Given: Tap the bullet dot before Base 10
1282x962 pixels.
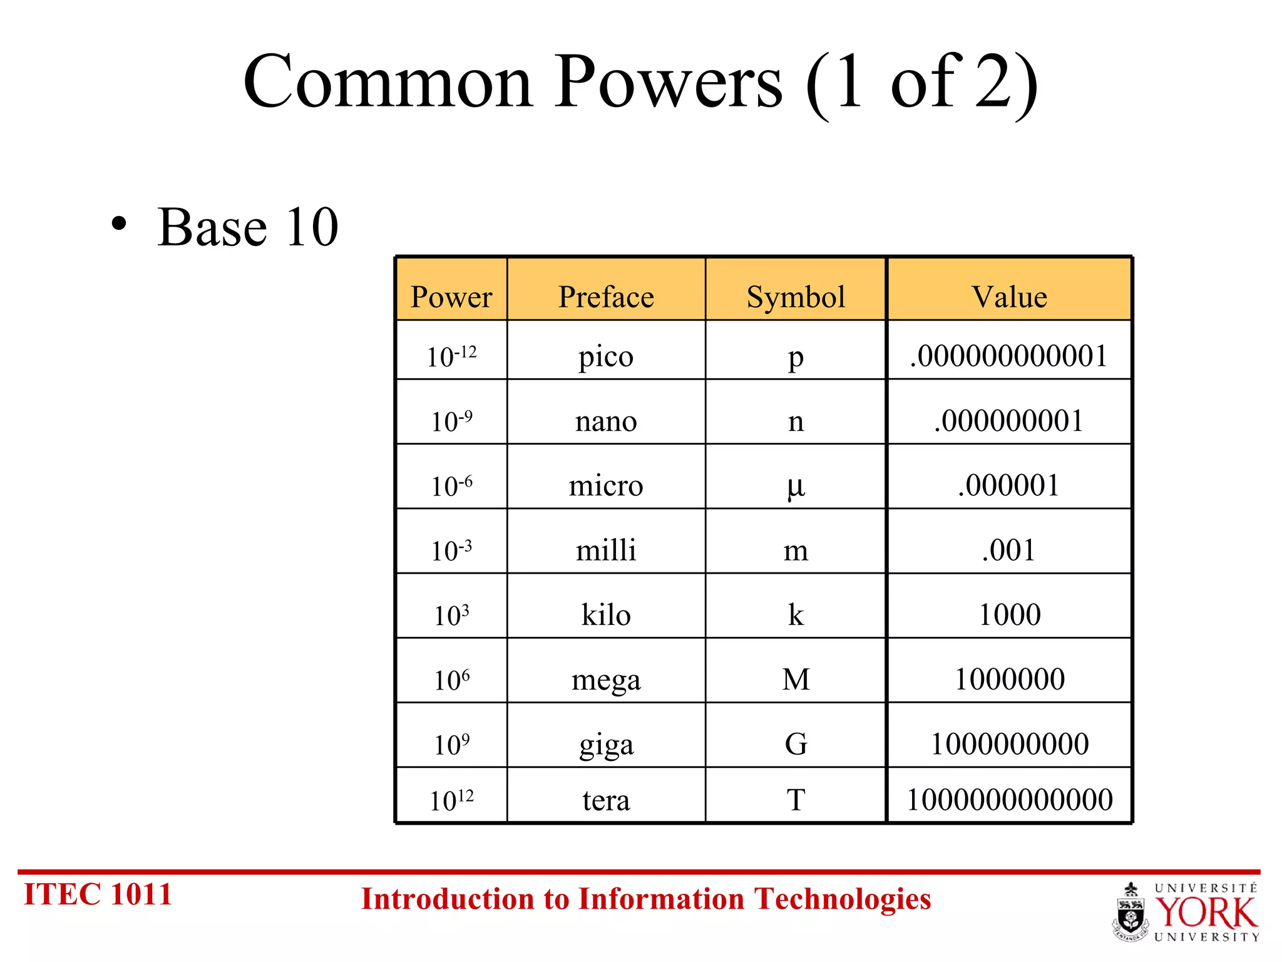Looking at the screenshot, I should coord(119,225).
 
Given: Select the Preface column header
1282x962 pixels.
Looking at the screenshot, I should coord(606,296).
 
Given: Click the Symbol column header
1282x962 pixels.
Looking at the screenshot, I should coord(796,296).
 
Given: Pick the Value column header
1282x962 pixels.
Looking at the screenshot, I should coord(1009,296).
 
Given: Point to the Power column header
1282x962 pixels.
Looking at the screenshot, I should coord(451,296).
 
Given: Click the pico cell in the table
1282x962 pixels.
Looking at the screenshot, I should coord(606,356).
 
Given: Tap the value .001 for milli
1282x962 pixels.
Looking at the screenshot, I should coord(1009,550).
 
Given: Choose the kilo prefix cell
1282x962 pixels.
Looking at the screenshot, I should coord(606,614).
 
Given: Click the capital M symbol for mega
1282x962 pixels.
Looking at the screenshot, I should coord(796,679).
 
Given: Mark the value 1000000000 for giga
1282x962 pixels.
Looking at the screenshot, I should coord(1009,744).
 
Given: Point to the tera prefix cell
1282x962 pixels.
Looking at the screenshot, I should coord(606,800).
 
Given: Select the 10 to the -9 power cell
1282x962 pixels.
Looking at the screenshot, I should coord(451,421).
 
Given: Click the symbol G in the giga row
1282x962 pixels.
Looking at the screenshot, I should coord(796,744).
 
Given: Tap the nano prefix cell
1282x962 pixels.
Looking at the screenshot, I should coord(606,421).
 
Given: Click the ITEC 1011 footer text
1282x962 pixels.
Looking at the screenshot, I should coord(98,894).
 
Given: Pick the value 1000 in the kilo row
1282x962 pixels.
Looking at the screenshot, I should coord(1009,614).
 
